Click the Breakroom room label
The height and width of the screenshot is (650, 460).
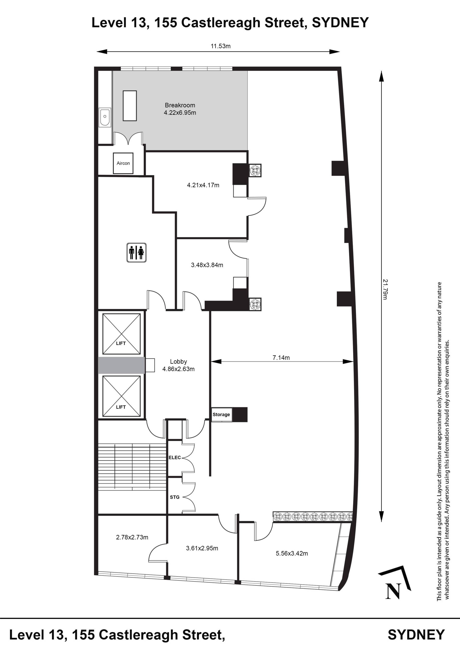point(180,105)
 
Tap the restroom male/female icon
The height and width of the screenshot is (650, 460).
point(136,253)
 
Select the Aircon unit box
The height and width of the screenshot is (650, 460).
point(123,163)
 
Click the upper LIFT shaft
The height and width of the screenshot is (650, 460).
point(121,334)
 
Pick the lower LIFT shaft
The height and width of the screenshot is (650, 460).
point(121,396)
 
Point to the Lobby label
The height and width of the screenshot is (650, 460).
point(178,362)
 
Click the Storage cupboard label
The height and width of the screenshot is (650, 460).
point(221,414)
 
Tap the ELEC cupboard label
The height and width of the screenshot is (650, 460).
point(174,458)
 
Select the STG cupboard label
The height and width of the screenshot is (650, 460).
point(174,497)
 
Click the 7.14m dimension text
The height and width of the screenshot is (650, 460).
point(281,357)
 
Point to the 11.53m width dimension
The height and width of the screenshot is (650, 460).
point(221,46)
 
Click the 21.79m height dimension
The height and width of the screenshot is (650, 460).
point(385,289)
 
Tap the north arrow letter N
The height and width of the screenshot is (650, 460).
point(393,591)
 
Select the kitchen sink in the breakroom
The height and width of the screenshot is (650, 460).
point(105,117)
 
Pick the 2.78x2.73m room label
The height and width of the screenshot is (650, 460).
point(132,537)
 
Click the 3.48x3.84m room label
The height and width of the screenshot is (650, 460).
point(207,265)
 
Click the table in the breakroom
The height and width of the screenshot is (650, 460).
point(130,106)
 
